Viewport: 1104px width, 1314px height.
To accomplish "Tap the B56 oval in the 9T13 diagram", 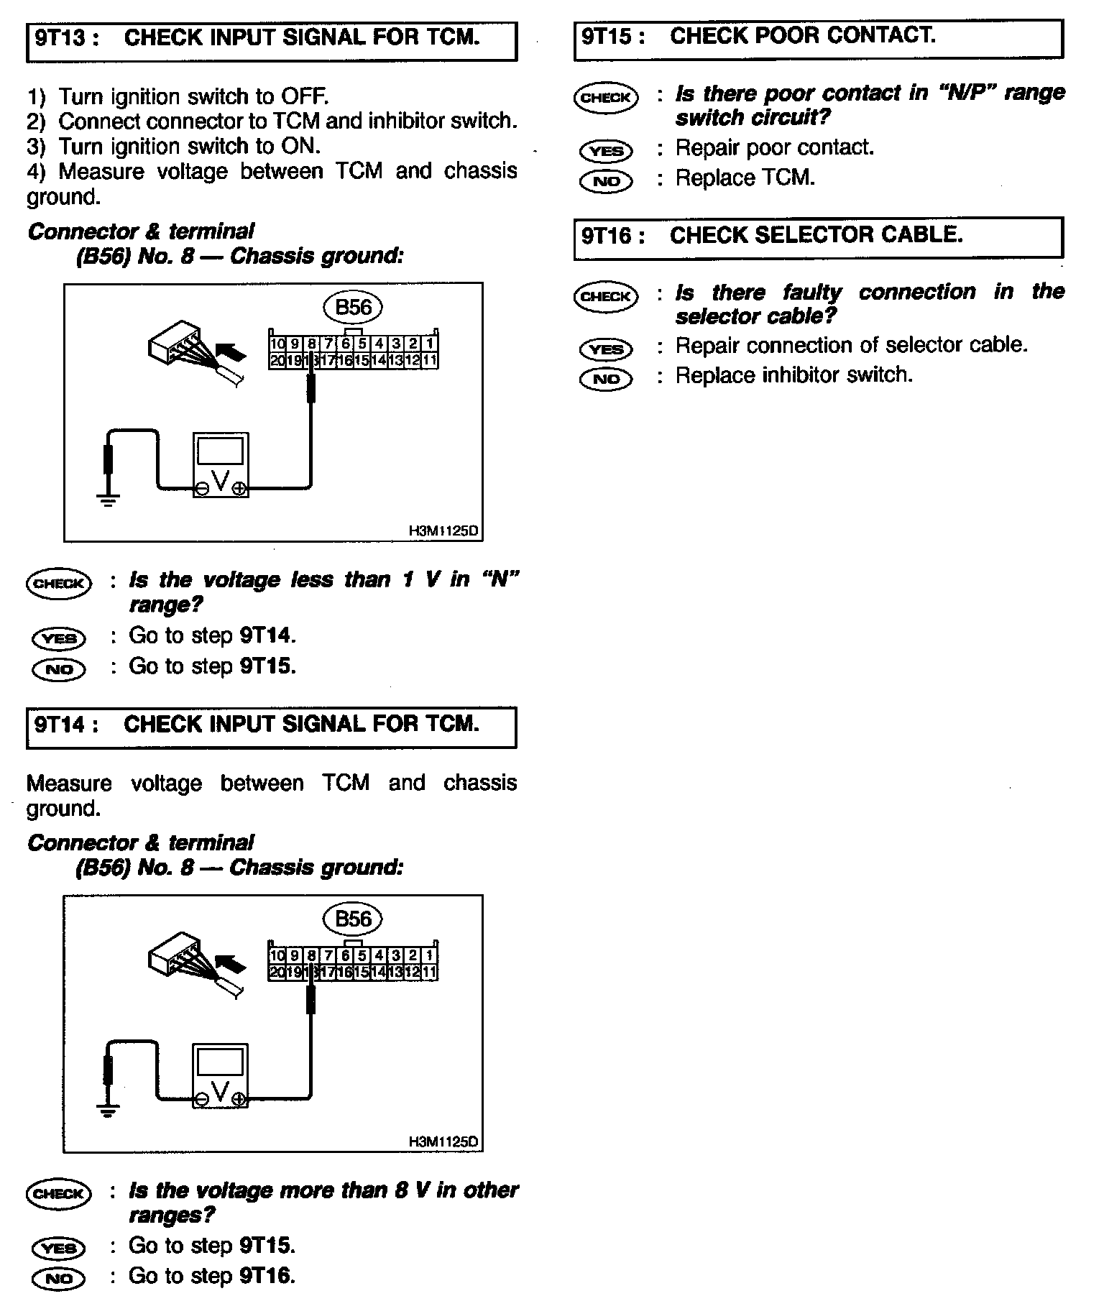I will pos(353,308).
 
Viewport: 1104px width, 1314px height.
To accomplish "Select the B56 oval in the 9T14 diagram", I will pos(353,919).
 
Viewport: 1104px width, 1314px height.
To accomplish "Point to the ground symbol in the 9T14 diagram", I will pos(108,1111).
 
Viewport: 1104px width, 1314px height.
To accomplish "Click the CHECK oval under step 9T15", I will pos(606,98).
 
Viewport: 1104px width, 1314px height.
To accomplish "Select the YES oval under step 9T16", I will pos(606,349).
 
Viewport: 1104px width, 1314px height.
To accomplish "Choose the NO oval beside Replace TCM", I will pos(606,181).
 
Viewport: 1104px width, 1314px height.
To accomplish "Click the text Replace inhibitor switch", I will pos(793,375).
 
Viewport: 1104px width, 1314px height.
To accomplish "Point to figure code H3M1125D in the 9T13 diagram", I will pos(443,531).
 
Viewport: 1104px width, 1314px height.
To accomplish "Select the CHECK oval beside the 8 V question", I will pos(59,1194).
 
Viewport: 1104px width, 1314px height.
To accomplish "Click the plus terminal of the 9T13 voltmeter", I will pos(240,489).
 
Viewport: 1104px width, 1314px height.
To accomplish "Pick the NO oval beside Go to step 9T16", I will pos(59,1278).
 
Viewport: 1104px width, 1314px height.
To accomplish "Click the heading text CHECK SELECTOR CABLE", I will pos(816,235).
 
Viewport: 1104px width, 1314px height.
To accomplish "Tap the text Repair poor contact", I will pos(774,147).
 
